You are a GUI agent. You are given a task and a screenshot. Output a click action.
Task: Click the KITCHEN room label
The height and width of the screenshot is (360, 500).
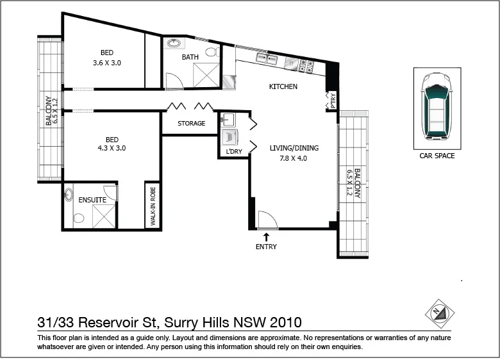(x=283, y=86)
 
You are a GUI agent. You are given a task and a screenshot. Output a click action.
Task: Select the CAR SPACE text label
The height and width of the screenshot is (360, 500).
(x=437, y=156)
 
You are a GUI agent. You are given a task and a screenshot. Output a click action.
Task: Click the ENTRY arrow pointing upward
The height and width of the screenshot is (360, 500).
(x=266, y=236)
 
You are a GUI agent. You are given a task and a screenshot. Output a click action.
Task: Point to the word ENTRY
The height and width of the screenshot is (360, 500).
(x=266, y=247)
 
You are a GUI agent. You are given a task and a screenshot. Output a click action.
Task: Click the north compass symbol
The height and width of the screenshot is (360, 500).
(x=440, y=313)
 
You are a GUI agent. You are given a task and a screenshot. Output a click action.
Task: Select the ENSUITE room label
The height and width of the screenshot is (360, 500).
(x=92, y=200)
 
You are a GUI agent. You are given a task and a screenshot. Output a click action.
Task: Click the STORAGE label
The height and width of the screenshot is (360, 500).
(x=192, y=123)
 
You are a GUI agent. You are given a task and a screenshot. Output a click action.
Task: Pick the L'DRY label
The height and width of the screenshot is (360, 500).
(x=234, y=152)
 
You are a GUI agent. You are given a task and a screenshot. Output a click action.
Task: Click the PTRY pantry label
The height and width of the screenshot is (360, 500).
(x=333, y=101)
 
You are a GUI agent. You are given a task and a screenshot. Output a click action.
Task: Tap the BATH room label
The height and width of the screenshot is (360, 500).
(x=190, y=57)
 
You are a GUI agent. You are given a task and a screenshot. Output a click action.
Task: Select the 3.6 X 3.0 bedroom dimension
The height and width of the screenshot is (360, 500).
(x=107, y=63)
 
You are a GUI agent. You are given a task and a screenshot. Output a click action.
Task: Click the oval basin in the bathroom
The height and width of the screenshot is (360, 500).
(x=173, y=44)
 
